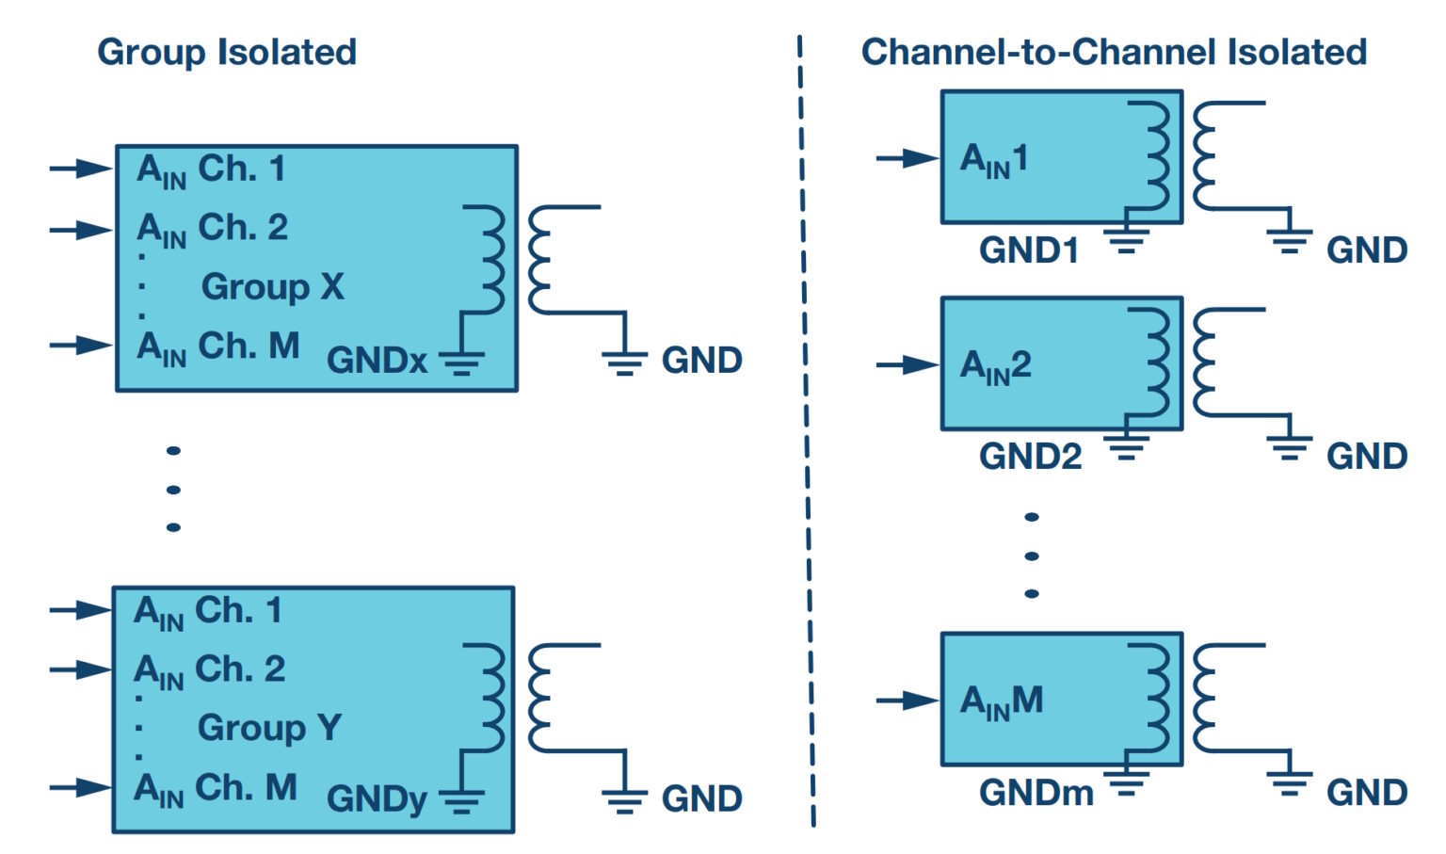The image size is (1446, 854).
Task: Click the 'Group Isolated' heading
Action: point(227,53)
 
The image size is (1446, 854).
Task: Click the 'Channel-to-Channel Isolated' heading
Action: point(1114,53)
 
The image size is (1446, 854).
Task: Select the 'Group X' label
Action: point(272,286)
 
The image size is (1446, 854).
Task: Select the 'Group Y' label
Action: point(269,728)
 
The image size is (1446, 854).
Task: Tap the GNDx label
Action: point(377,361)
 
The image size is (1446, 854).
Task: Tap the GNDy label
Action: point(377,799)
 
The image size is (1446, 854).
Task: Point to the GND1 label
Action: point(1028,250)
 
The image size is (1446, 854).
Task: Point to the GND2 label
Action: point(1030,457)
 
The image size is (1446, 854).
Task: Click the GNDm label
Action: point(1036,793)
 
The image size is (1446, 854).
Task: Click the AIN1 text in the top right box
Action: point(994,159)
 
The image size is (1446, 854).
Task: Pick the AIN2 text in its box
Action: point(995,365)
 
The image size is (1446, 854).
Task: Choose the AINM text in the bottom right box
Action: point(1001,701)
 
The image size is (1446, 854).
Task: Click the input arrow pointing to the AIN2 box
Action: point(907,365)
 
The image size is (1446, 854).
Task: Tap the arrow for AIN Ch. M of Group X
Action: point(81,346)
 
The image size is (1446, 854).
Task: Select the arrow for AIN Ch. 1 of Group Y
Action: point(81,610)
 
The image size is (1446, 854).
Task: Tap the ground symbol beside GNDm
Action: point(1127,781)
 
